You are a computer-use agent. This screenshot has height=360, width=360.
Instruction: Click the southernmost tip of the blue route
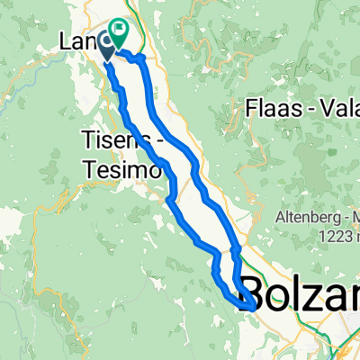pyautogui.click(x=249, y=309)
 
